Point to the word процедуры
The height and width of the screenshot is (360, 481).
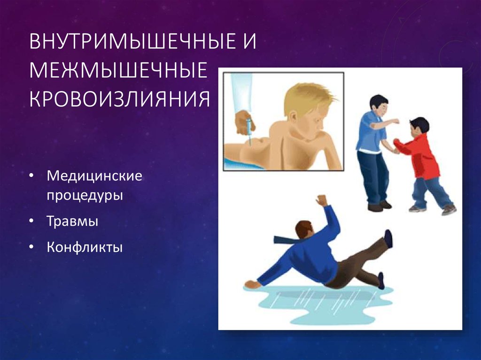(x=85, y=194)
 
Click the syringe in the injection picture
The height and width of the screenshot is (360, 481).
(x=249, y=137)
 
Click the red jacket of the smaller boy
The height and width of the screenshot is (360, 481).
(x=423, y=155)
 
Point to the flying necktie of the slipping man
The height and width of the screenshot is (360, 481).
(x=287, y=239)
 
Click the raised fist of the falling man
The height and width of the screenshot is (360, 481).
(x=322, y=200)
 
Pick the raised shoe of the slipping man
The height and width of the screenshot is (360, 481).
(x=388, y=238)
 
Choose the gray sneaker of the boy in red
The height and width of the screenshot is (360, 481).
(x=449, y=209)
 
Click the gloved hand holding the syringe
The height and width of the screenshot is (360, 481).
(x=244, y=122)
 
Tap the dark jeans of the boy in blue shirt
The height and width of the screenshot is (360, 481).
(x=373, y=178)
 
